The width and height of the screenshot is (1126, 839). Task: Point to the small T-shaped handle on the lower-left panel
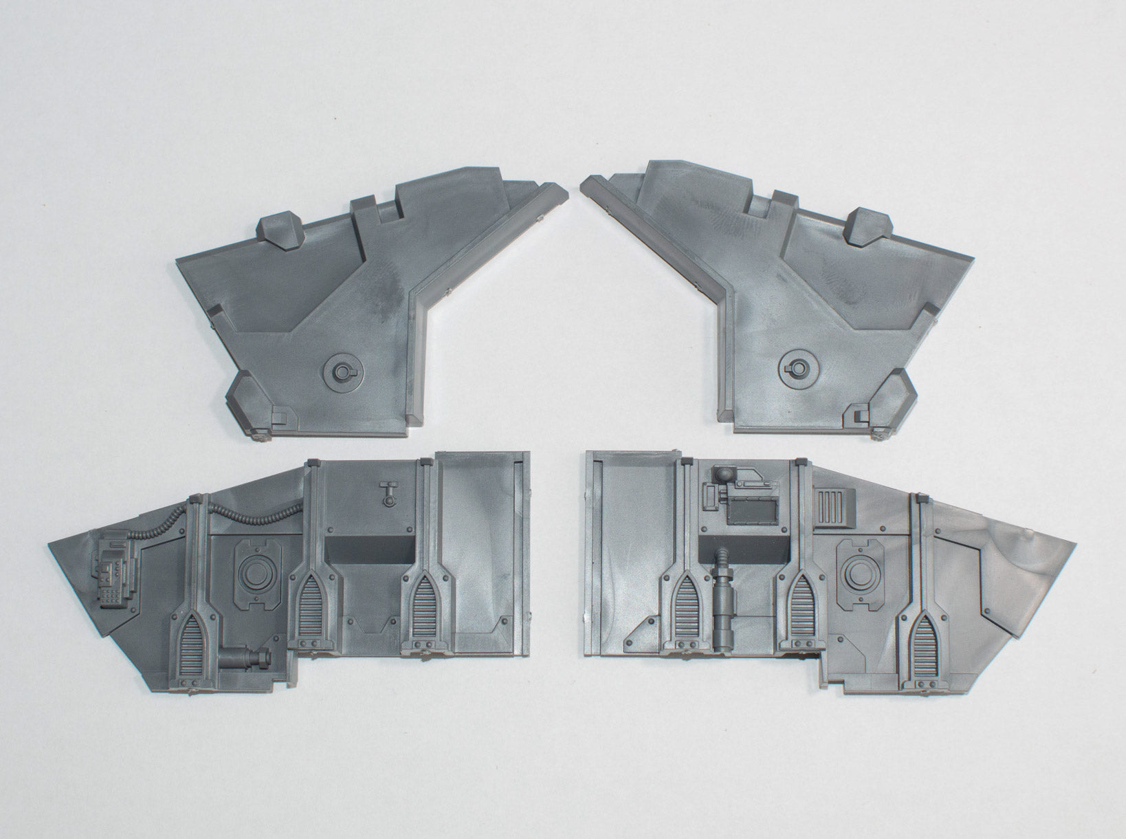(389, 492)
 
